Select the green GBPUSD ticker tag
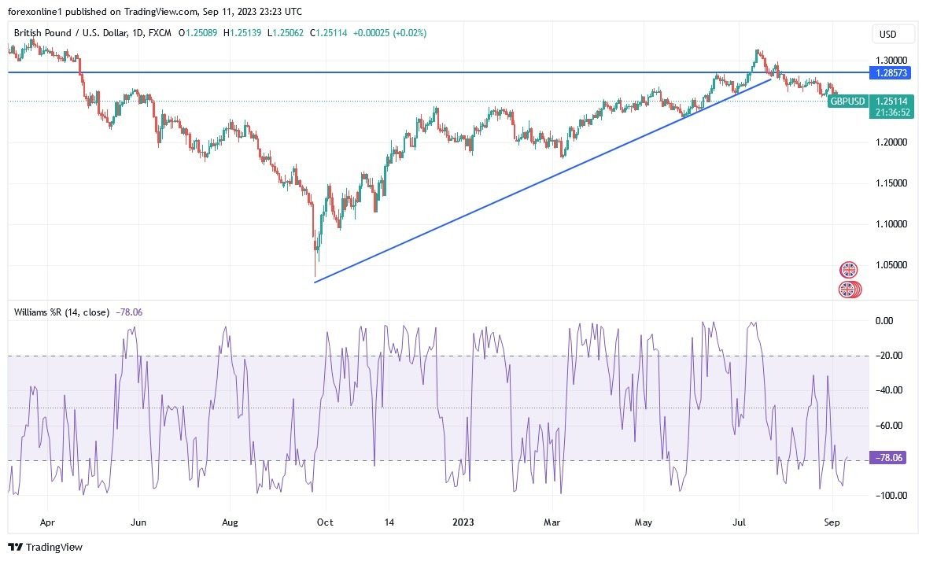[x=848, y=101]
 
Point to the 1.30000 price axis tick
[x=891, y=60]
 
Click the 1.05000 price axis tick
[x=891, y=265]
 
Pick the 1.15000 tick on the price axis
[x=891, y=183]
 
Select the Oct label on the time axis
[x=323, y=521]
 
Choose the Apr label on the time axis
[x=47, y=521]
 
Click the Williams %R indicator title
[x=61, y=312]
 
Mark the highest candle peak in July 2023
[x=757, y=50]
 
